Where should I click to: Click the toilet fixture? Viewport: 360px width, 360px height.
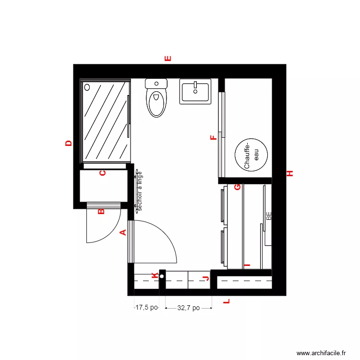(x=156, y=98)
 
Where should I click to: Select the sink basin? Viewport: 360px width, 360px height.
(x=195, y=91)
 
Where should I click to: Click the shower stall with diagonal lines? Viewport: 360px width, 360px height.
(x=107, y=121)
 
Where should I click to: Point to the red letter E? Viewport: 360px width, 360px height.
(x=168, y=59)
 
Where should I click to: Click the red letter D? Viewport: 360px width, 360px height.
(x=69, y=143)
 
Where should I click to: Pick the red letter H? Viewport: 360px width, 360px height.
(x=290, y=173)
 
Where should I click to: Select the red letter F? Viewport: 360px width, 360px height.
(x=214, y=139)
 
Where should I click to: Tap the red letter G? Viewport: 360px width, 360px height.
(x=237, y=187)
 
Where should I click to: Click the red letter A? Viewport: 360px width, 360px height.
(x=122, y=233)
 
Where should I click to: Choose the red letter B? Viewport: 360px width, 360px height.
(x=101, y=211)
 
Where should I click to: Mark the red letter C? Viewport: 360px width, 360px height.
(x=102, y=173)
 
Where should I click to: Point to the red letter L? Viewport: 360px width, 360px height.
(x=227, y=302)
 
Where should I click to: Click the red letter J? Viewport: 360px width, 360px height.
(x=206, y=278)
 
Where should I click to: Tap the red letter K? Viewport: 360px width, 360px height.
(x=154, y=276)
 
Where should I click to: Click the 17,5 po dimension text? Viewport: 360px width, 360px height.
(x=146, y=308)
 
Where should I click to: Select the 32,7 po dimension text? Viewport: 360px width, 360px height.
(x=188, y=308)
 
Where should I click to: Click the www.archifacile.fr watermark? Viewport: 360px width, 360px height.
(x=321, y=353)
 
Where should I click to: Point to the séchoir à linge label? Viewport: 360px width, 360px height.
(x=140, y=191)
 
